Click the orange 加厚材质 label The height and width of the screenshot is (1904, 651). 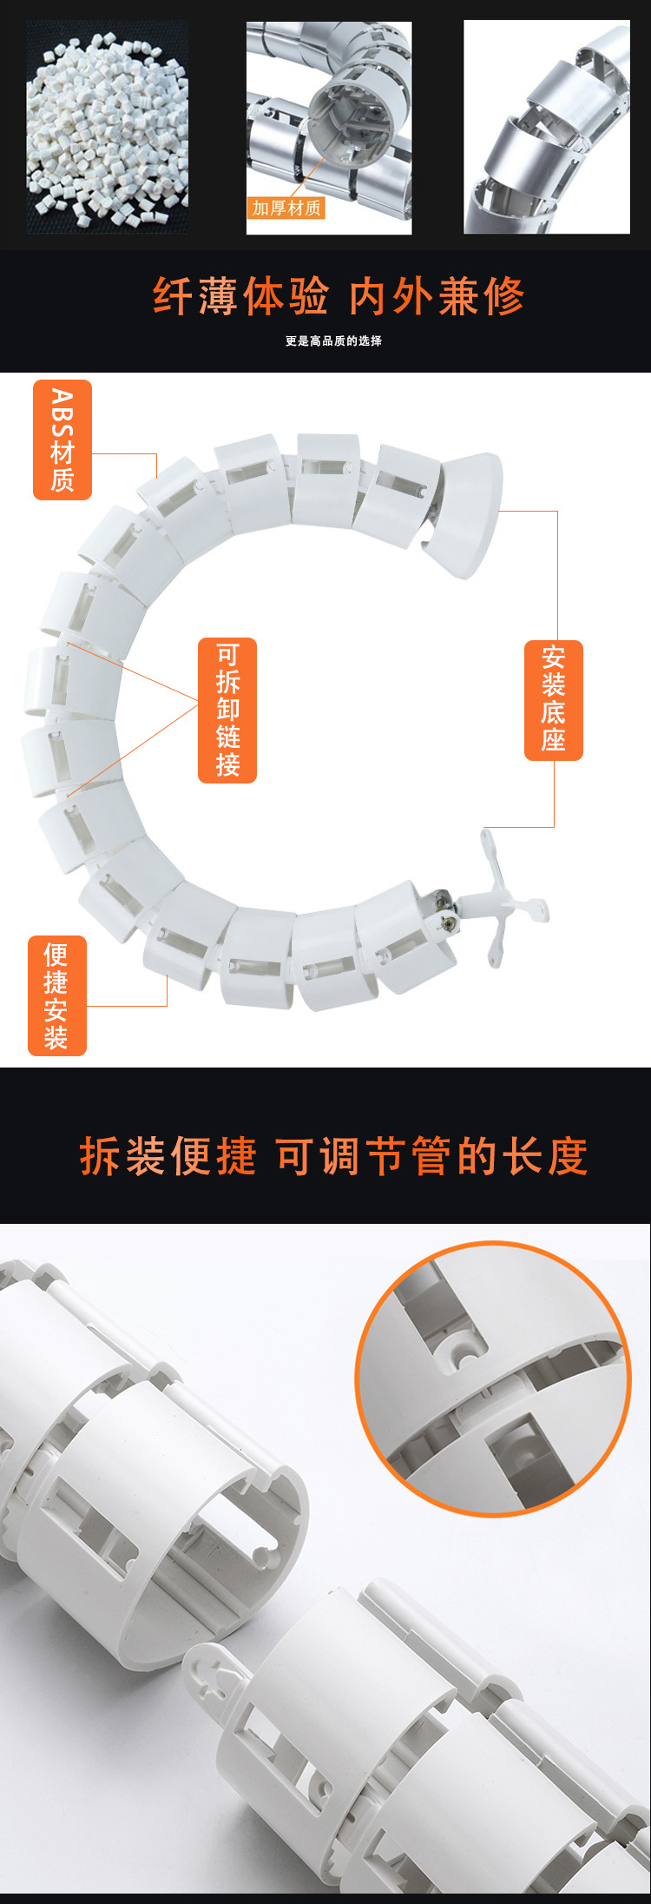pyautogui.click(x=286, y=208)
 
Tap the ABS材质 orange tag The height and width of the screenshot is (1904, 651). pyautogui.click(x=62, y=440)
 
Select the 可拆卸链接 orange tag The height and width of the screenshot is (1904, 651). pyautogui.click(x=227, y=710)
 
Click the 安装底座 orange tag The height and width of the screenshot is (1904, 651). pyautogui.click(x=554, y=700)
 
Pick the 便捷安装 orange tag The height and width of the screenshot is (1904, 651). pyautogui.click(x=57, y=995)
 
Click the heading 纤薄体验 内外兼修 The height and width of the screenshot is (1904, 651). pyautogui.click(x=339, y=297)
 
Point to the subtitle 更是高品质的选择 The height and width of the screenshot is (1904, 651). pyautogui.click(x=333, y=341)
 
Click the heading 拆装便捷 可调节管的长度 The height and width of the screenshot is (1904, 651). pyautogui.click(x=334, y=1157)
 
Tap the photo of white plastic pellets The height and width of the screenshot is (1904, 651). pyautogui.click(x=108, y=128)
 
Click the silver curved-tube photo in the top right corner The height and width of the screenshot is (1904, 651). pyautogui.click(x=547, y=127)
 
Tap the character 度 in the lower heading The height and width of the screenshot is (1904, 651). pyautogui.click(x=567, y=1157)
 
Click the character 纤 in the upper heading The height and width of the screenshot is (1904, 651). pyautogui.click(x=173, y=297)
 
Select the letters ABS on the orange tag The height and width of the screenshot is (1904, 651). pyautogui.click(x=62, y=413)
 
